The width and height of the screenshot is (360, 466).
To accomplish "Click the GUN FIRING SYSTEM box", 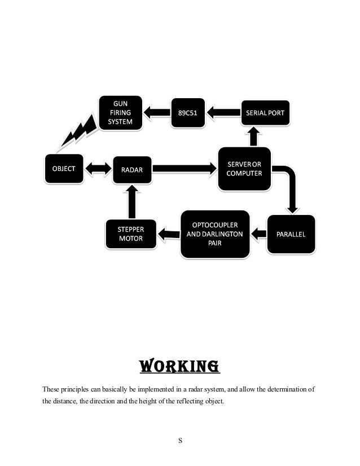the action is pyautogui.click(x=121, y=113).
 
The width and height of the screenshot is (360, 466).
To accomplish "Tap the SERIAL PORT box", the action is pyautogui.click(x=266, y=113).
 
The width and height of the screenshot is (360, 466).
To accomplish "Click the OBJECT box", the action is pyautogui.click(x=64, y=168).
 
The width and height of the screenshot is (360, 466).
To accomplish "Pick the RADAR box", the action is pyautogui.click(x=132, y=169).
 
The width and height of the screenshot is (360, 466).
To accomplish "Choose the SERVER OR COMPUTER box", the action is pyautogui.click(x=244, y=169).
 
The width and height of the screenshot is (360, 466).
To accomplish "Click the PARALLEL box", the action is pyautogui.click(x=291, y=234).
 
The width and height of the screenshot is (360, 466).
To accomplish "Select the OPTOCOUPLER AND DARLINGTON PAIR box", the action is pyautogui.click(x=215, y=233).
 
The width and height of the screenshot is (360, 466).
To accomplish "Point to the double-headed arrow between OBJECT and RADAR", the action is pyautogui.click(x=98, y=168).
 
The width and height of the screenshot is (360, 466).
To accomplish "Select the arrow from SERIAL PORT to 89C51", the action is pyautogui.click(x=223, y=113).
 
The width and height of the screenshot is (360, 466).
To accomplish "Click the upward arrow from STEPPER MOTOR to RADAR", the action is pyautogui.click(x=131, y=201).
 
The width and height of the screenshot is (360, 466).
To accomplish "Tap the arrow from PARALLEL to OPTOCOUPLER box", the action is pyautogui.click(x=258, y=232).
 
